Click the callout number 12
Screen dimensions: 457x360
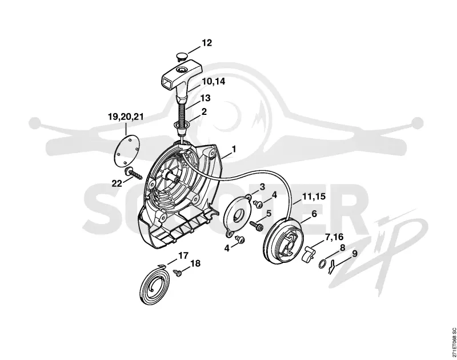(207, 43)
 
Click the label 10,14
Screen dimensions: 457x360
(214, 81)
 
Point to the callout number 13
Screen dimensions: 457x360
(205, 98)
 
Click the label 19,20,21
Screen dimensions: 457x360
(126, 117)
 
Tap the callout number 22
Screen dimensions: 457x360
(117, 183)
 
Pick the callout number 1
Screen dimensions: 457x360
(234, 149)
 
